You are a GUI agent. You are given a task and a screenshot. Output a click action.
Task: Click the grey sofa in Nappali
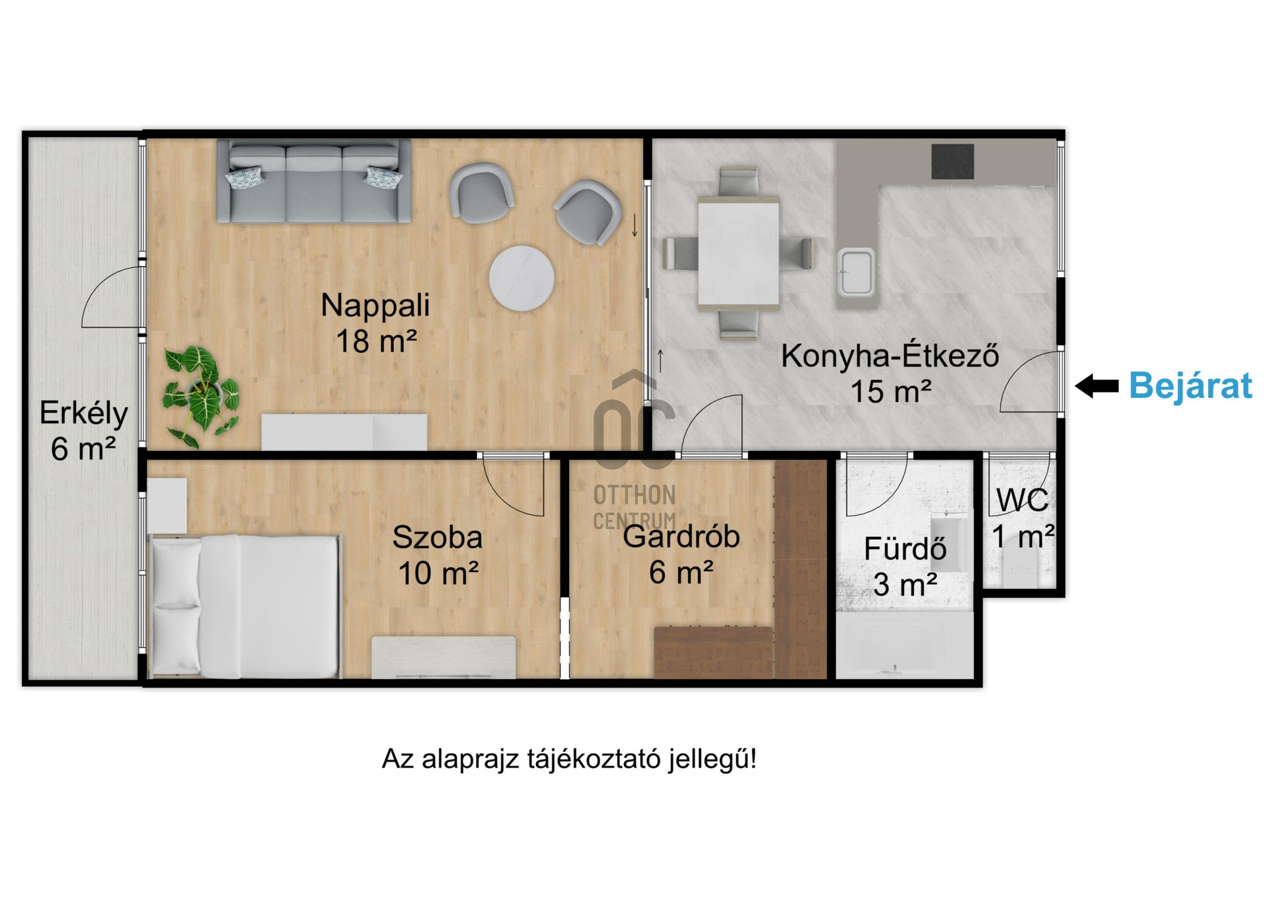tap(315, 181)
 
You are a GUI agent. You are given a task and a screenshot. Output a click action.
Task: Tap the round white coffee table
tap(521, 278)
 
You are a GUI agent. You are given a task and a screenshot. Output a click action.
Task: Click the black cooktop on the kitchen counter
tap(952, 161)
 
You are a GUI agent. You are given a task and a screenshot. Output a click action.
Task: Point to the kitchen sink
tap(857, 272)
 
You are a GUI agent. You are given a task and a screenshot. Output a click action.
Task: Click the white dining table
tap(738, 253)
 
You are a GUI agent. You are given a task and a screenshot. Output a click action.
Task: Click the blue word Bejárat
tap(1190, 385)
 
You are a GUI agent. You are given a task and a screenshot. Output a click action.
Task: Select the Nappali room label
tap(375, 323)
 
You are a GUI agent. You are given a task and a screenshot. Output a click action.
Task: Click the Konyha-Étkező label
tap(890, 373)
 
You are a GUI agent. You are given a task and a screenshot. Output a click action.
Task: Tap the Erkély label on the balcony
tap(84, 430)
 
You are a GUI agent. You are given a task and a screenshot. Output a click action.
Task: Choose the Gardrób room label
tap(681, 553)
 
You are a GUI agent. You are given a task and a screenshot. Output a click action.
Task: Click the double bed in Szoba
tap(245, 606)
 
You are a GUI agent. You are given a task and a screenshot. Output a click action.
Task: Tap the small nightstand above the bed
tap(167, 505)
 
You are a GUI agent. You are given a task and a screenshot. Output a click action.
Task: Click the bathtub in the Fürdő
tap(905, 645)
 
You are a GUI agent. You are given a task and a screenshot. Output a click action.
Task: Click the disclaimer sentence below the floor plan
tap(569, 758)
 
